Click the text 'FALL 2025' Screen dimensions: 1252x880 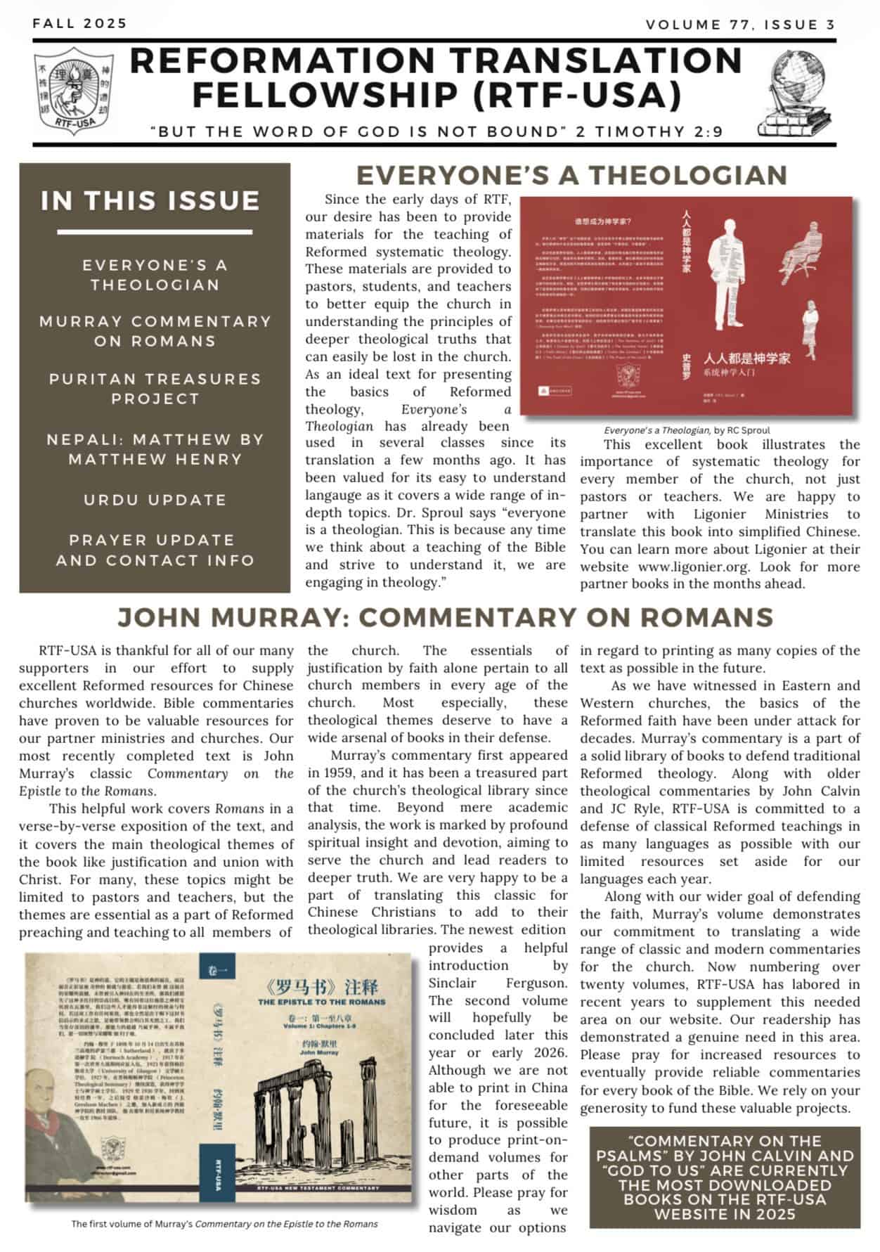coord(79,23)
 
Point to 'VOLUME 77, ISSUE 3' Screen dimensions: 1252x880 coord(740,25)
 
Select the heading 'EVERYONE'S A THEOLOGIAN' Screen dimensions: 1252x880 coord(571,176)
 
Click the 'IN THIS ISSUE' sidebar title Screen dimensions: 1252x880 coord(150,201)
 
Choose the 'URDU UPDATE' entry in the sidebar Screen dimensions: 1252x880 coord(155,500)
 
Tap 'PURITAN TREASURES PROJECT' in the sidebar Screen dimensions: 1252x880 coord(155,389)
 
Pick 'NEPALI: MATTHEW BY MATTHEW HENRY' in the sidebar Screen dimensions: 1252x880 coord(155,449)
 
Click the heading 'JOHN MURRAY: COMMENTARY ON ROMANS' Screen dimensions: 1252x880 coord(445,617)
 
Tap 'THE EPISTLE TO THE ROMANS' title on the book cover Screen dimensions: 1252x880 coord(322,1001)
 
